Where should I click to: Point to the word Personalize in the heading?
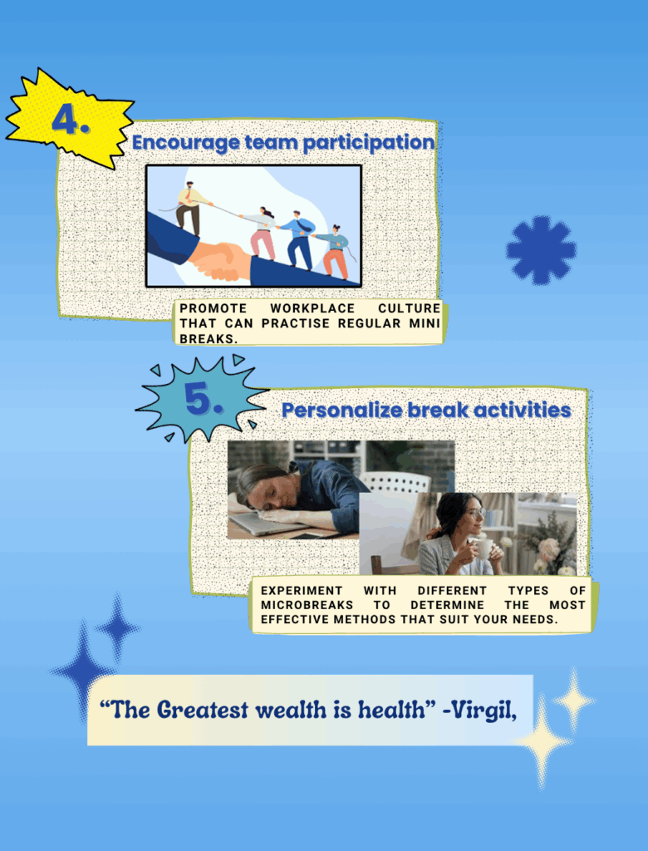tap(342, 411)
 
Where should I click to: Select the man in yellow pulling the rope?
tap(190, 209)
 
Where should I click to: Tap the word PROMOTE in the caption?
tap(214, 308)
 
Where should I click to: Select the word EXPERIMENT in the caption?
tap(302, 591)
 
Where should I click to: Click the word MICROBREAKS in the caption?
tap(307, 605)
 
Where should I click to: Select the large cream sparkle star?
tap(542, 740)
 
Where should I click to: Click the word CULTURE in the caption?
tap(410, 308)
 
